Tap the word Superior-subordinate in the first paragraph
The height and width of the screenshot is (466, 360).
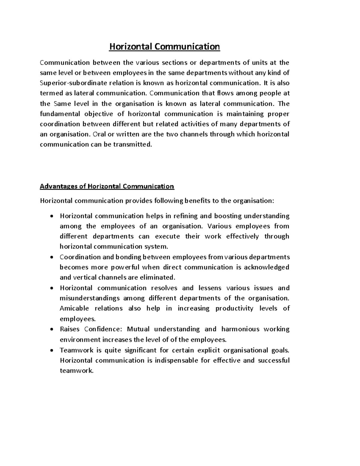70,83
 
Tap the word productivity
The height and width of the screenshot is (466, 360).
234,308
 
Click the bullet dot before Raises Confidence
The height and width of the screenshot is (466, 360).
52,329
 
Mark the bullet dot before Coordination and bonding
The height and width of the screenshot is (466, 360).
52,257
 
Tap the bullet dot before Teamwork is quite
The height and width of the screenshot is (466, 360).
52,350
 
